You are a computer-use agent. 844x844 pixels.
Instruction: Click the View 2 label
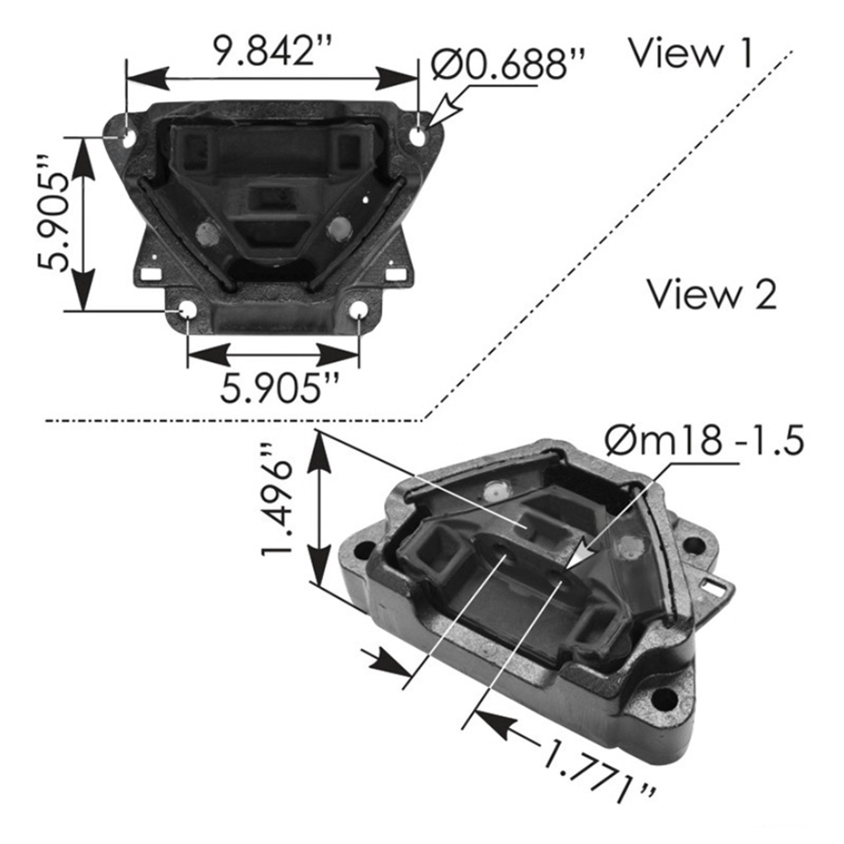[x=713, y=295]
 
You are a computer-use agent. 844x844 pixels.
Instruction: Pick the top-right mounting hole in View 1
[x=418, y=137]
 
